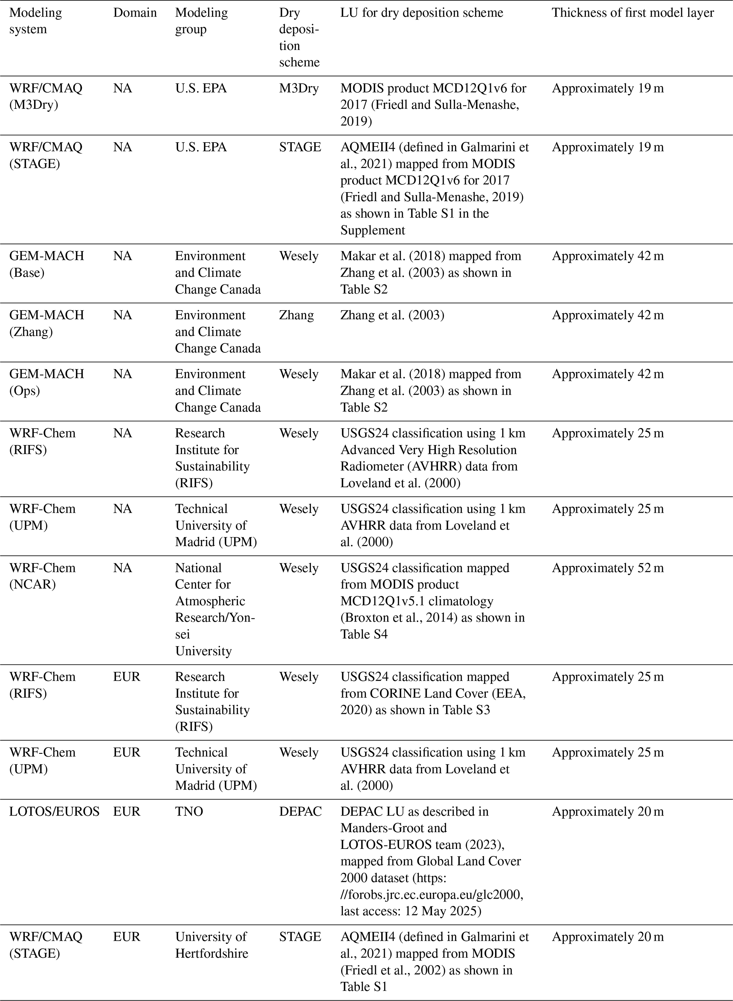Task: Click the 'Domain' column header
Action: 135,12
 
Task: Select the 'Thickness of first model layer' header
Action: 632,12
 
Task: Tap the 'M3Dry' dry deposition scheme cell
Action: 299,88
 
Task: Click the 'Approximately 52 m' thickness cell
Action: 607,568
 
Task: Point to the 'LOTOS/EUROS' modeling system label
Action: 55,812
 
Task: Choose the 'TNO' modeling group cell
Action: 189,812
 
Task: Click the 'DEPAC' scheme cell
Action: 300,812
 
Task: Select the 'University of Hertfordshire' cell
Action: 211,945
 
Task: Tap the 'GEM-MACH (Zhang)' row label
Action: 46,323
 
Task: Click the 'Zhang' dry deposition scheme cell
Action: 296,315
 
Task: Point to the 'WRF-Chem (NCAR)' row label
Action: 43,576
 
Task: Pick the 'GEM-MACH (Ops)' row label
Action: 46,382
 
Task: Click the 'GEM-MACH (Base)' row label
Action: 46,264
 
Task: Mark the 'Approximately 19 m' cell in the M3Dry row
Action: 607,88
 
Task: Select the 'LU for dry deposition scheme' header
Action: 422,12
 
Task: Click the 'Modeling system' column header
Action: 35,21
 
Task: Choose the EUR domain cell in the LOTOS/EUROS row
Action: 127,812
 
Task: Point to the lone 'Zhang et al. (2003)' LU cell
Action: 392,315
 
